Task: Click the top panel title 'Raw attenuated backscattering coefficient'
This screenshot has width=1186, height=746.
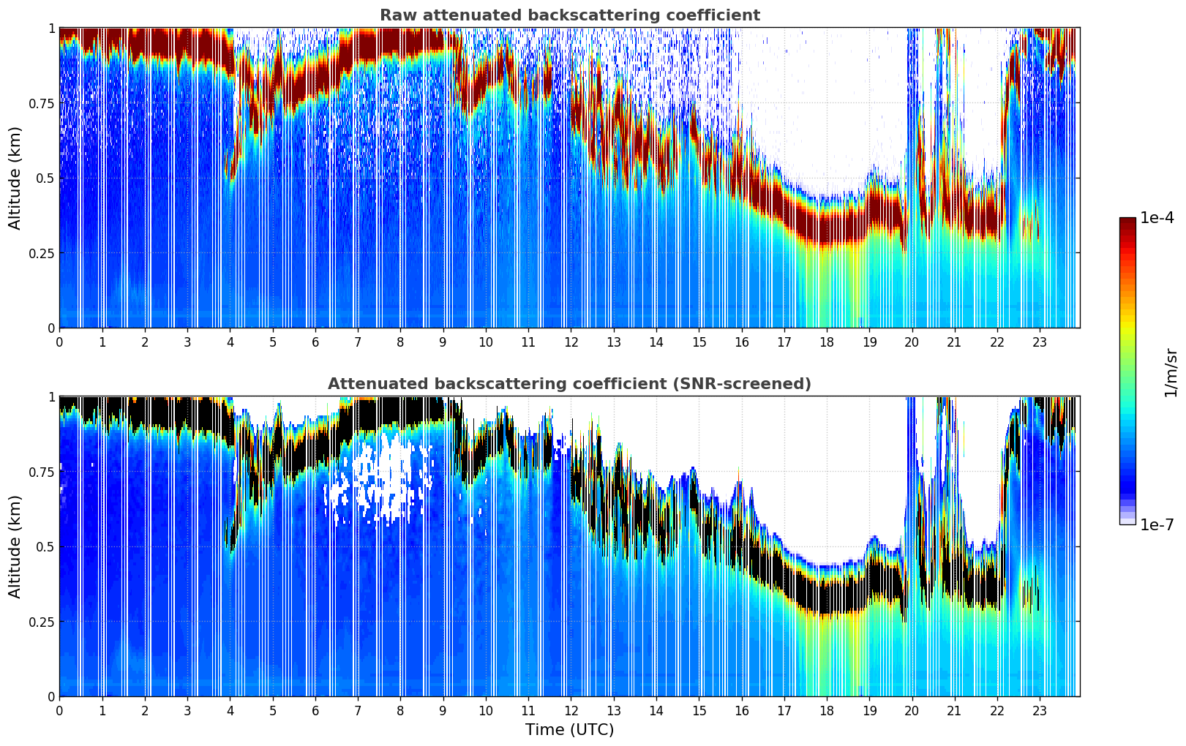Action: pyautogui.click(x=569, y=15)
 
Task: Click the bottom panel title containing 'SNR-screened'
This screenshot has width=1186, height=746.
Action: pyautogui.click(x=569, y=384)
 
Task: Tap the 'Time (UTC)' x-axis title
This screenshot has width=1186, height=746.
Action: pyautogui.click(x=569, y=730)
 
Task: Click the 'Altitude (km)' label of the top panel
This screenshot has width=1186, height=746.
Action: pyautogui.click(x=15, y=178)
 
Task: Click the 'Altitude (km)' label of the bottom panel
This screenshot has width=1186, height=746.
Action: pyautogui.click(x=15, y=546)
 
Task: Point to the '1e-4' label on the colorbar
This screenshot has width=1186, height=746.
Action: pyautogui.click(x=1156, y=218)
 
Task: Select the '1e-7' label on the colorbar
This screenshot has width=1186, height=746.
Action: pyautogui.click(x=1156, y=524)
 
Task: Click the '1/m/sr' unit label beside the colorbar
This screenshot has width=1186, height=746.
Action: pyautogui.click(x=1171, y=372)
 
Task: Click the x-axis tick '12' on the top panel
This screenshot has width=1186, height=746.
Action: pyautogui.click(x=571, y=342)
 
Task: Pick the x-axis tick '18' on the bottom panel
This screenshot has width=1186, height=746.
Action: pyautogui.click(x=827, y=710)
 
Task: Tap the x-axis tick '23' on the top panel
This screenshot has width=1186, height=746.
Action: pyautogui.click(x=1040, y=342)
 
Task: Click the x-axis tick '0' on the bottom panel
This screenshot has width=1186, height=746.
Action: pyautogui.click(x=59, y=710)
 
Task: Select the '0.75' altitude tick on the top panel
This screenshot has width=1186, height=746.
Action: pyautogui.click(x=42, y=103)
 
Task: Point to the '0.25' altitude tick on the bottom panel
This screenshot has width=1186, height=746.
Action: pyautogui.click(x=42, y=622)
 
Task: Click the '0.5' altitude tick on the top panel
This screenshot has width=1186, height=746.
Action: pyautogui.click(x=46, y=178)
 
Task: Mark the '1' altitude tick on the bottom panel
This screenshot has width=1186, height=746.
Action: pyautogui.click(x=51, y=397)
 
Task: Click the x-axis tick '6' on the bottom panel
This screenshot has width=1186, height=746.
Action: pyautogui.click(x=315, y=710)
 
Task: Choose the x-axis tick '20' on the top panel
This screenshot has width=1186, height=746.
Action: pyautogui.click(x=912, y=342)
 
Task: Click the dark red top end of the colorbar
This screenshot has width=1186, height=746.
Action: pyautogui.click(x=1127, y=221)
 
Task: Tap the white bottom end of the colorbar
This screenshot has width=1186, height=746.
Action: pyautogui.click(x=1127, y=521)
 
